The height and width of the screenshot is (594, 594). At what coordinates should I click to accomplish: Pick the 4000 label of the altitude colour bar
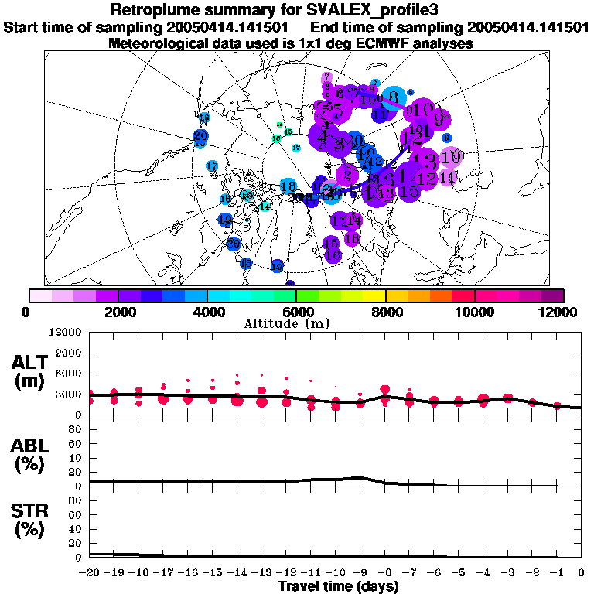click(207, 312)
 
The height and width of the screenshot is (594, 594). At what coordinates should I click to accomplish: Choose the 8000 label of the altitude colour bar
click(385, 312)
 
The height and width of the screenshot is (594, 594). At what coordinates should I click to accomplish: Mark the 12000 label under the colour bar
click(560, 312)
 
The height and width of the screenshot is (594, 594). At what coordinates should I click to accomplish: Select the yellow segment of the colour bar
click(374, 295)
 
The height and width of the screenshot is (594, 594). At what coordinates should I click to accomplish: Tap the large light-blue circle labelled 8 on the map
click(394, 97)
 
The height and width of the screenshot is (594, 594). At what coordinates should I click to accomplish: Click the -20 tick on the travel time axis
click(90, 573)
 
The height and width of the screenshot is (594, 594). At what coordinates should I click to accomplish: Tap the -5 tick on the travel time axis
click(459, 573)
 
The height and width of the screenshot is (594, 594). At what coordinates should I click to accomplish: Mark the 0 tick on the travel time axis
click(582, 573)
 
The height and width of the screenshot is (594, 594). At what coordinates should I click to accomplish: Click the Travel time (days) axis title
click(338, 586)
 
